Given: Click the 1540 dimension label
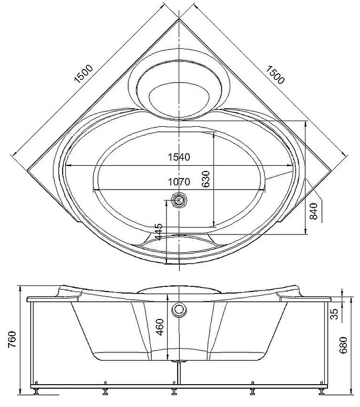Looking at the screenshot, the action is [x=179, y=157].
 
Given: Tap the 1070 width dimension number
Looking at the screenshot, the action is [x=179, y=182].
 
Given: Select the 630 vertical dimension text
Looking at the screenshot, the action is [x=206, y=179].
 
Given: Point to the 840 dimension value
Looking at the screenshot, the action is [x=314, y=211].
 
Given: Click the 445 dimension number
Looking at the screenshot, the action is [x=158, y=231].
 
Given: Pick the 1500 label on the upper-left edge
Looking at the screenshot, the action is [x=84, y=73].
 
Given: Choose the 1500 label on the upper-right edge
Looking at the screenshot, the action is [x=275, y=75].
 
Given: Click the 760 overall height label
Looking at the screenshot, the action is [x=12, y=339].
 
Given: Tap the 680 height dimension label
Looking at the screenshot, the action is [x=343, y=345].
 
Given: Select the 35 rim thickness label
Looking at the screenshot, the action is [x=335, y=314].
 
